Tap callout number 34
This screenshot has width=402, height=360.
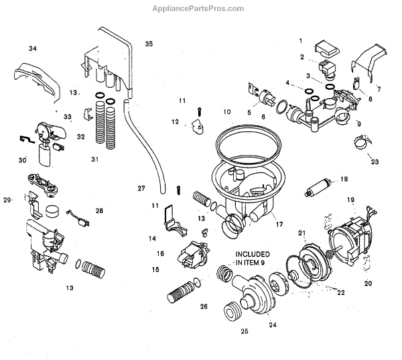point(33,48)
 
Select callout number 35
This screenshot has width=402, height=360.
point(148,44)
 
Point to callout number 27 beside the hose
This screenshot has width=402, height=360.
point(141,188)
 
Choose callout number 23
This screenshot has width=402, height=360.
point(375,161)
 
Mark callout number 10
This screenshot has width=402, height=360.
point(226,111)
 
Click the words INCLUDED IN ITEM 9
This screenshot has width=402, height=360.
point(251,259)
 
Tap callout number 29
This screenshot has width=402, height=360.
point(8,200)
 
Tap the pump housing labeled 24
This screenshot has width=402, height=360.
point(257,295)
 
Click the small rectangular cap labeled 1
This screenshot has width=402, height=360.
point(328,47)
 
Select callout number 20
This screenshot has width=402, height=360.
point(368,282)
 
